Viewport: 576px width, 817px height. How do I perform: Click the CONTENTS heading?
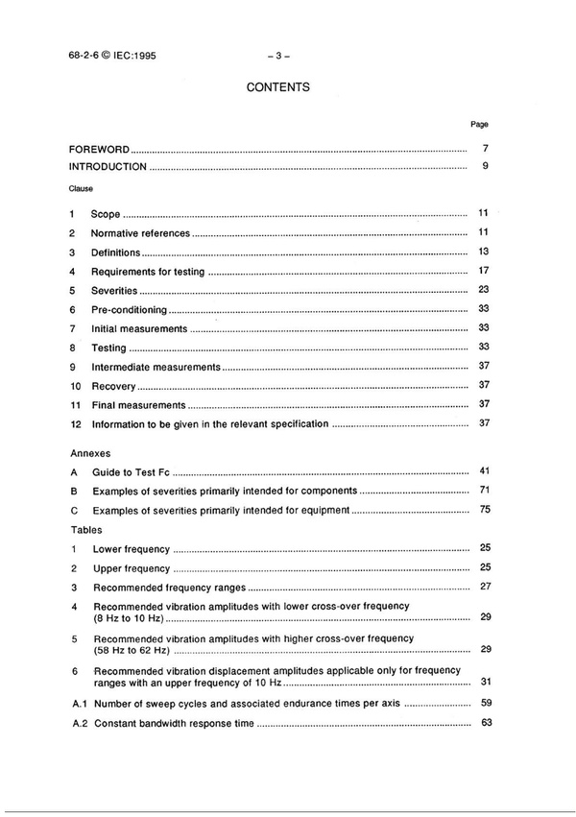coord(277,87)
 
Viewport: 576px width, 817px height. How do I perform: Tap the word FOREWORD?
coord(99,151)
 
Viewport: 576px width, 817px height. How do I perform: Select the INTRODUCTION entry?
coord(108,167)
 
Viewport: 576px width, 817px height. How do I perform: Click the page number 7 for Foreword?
coord(487,150)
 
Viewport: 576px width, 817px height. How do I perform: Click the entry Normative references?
coord(141,233)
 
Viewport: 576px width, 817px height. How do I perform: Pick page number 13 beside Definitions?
coord(485,252)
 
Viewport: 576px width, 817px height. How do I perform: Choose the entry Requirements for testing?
coord(148,272)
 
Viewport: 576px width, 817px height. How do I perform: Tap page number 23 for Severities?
coord(485,290)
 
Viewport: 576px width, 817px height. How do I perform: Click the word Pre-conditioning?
coord(129,310)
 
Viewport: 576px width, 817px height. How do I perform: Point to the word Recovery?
coord(113,386)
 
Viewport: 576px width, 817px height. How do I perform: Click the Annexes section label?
coord(90,451)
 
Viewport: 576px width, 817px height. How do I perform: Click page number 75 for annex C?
coord(485,509)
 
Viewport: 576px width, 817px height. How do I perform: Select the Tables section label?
coord(86,529)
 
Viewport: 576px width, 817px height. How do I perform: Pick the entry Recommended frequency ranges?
coord(169,587)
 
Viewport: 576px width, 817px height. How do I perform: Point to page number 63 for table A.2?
coord(485,722)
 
